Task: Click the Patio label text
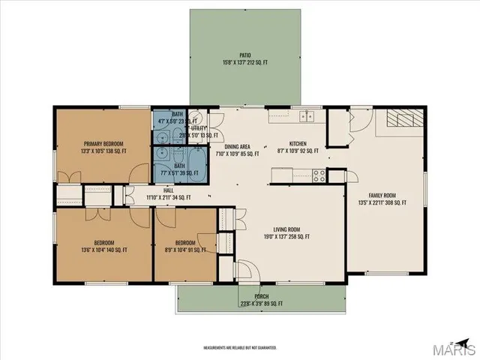tap(244, 58)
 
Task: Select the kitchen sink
tap(305, 115)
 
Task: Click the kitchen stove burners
tap(319, 176)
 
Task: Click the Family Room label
tap(383, 197)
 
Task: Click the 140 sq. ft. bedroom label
tap(103, 246)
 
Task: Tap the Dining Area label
tap(237, 150)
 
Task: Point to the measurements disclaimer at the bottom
tap(240, 347)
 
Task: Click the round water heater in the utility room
tap(193, 117)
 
